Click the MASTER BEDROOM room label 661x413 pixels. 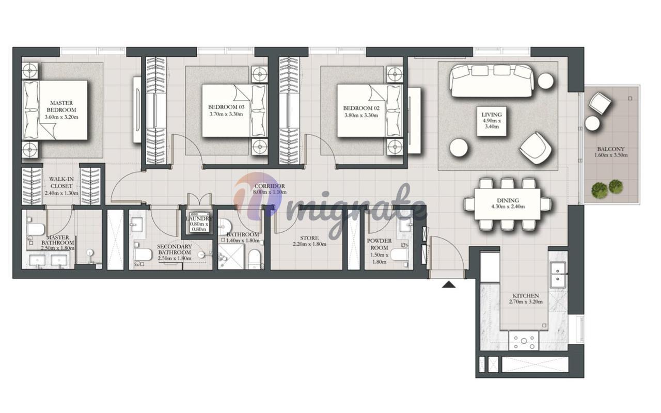pos(61,106)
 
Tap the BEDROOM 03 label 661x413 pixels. pos(226,107)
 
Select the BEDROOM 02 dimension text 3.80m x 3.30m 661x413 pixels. pos(361,115)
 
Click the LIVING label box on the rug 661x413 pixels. pos(492,121)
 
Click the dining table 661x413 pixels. pos(508,204)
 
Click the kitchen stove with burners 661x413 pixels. pos(524,341)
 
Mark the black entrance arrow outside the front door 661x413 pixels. pos(449,284)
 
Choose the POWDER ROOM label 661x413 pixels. pos(379,244)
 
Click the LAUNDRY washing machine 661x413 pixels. pos(199,222)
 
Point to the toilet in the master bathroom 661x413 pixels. pos(35,229)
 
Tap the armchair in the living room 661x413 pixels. pos(536,148)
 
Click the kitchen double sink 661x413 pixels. pos(558,275)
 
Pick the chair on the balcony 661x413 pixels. pos(600,103)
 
